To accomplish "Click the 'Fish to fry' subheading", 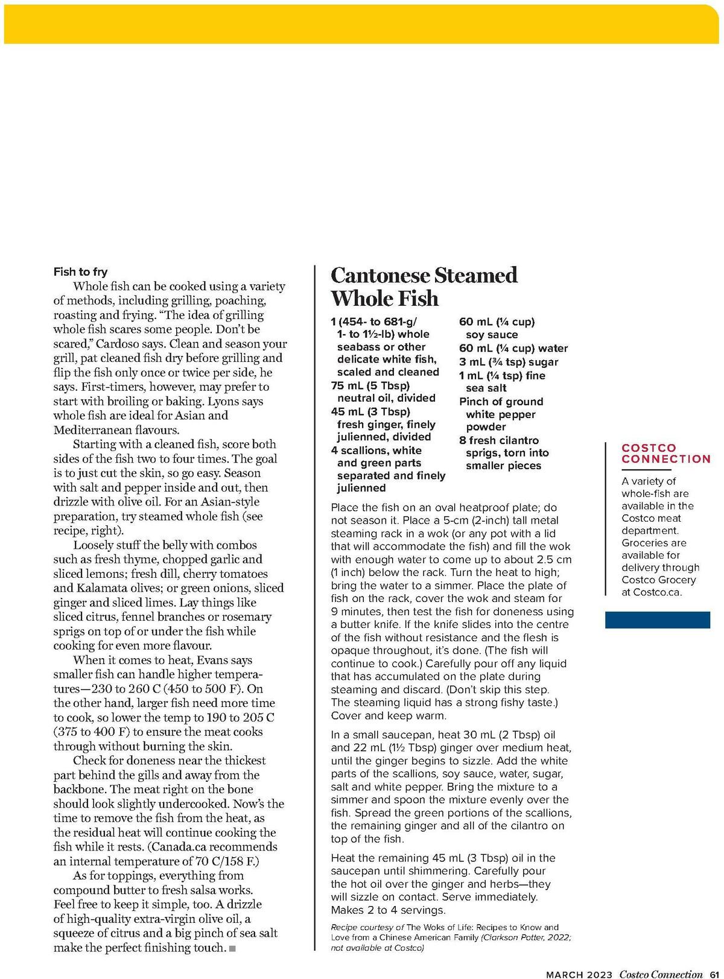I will coord(80,272).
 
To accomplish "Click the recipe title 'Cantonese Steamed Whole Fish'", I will coord(424,287).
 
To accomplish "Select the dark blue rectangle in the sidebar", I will coord(657,620).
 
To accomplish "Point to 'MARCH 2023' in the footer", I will coord(579,974).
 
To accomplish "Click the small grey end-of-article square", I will coord(233,949).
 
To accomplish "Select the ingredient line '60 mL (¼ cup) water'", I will coord(513,349).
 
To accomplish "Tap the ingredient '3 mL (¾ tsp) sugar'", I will coord(509,362).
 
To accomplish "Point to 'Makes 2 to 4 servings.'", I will coord(388,910).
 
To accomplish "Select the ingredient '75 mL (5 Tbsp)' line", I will coord(370,385).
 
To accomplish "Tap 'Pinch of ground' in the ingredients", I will coord(501,402).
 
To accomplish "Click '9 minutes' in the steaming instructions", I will coord(358,612).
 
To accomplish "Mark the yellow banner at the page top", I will coord(362,24).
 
